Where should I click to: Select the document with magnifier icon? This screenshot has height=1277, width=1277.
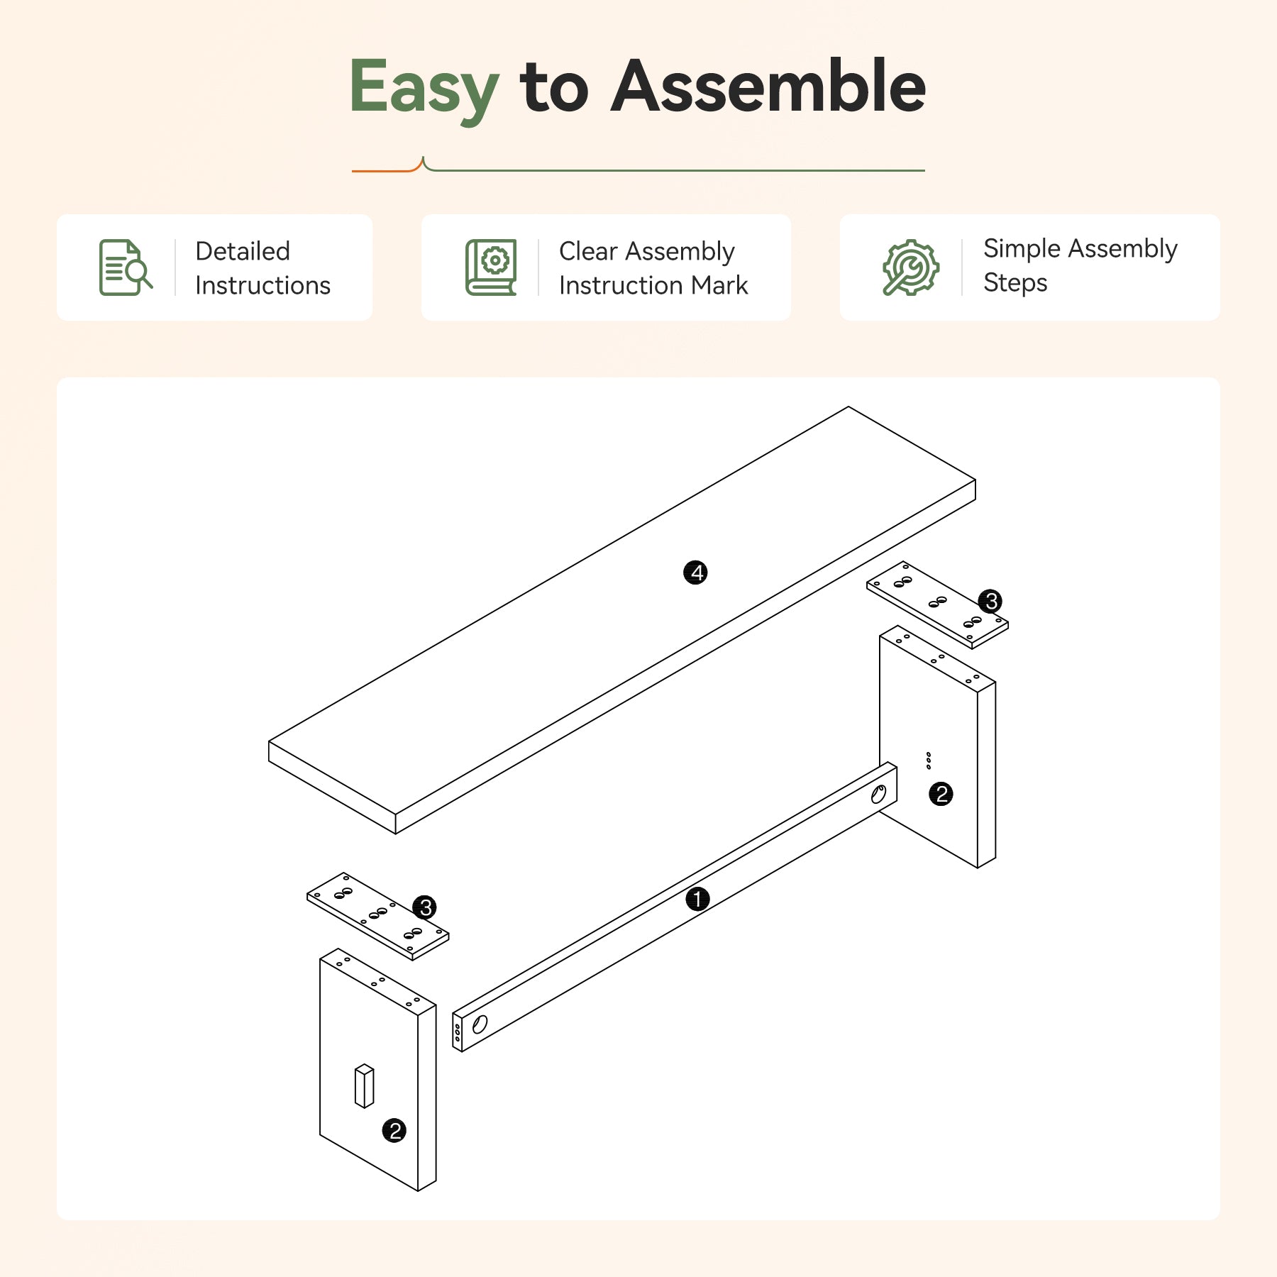tap(126, 267)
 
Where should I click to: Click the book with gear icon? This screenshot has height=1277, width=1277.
tap(491, 267)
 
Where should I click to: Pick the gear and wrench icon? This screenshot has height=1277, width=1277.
tap(911, 267)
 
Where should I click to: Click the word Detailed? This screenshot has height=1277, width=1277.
tap(243, 251)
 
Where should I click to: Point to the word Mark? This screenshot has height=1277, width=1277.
tap(719, 285)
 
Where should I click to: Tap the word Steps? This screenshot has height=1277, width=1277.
tap(1015, 283)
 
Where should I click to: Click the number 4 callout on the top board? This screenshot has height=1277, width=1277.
tap(695, 573)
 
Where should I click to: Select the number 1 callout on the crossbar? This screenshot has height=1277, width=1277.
tap(697, 899)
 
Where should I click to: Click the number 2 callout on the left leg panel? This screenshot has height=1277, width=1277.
tap(394, 1130)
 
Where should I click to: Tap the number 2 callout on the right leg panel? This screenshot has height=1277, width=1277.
tap(941, 793)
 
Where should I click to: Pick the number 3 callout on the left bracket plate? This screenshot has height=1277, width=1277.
tap(424, 907)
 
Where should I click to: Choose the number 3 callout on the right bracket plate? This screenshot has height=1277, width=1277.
tap(990, 601)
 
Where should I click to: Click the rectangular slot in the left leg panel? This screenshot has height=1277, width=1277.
tap(364, 1085)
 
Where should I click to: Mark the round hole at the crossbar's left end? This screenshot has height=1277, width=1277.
tap(480, 1024)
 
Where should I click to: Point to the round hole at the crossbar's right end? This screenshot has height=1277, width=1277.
tap(878, 795)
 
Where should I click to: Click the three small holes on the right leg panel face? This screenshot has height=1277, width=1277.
tap(929, 761)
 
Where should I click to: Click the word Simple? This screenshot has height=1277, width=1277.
tap(1022, 249)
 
